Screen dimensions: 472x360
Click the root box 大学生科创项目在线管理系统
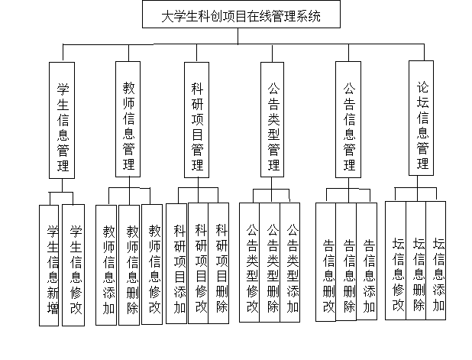pyautogui.click(x=241, y=15)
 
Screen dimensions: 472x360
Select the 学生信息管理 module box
pyautogui.click(x=62, y=120)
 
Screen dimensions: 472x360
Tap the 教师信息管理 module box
pyautogui.click(x=128, y=119)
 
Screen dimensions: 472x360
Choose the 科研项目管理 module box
pyautogui.click(x=196, y=120)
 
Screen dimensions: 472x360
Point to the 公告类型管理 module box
pyautogui.click(x=272, y=119)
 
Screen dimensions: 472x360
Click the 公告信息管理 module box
pyautogui.click(x=348, y=119)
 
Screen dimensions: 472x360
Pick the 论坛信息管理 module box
pyautogui.click(x=421, y=118)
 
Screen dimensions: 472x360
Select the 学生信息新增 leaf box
pyautogui.click(x=49, y=265)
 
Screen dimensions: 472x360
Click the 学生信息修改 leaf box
pyautogui.click(x=73, y=265)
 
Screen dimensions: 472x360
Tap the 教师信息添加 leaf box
pyautogui.click(x=106, y=265)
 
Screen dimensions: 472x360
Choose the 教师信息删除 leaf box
pyautogui.click(x=129, y=265)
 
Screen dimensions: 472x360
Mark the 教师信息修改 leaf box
pyautogui.click(x=152, y=264)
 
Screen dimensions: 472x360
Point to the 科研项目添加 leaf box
pyautogui.click(x=176, y=264)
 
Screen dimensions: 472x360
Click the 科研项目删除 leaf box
pyautogui.click(x=218, y=263)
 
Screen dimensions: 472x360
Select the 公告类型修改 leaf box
pyautogui.click(x=250, y=262)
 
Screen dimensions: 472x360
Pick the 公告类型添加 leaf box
pyautogui.click(x=290, y=262)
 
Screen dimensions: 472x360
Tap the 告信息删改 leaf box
pyautogui.click(x=325, y=262)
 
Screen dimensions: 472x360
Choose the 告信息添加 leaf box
pyautogui.click(x=367, y=261)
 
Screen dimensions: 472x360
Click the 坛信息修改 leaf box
pyautogui.click(x=396, y=261)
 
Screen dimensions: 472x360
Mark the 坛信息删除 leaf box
pyautogui.click(x=415, y=261)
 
